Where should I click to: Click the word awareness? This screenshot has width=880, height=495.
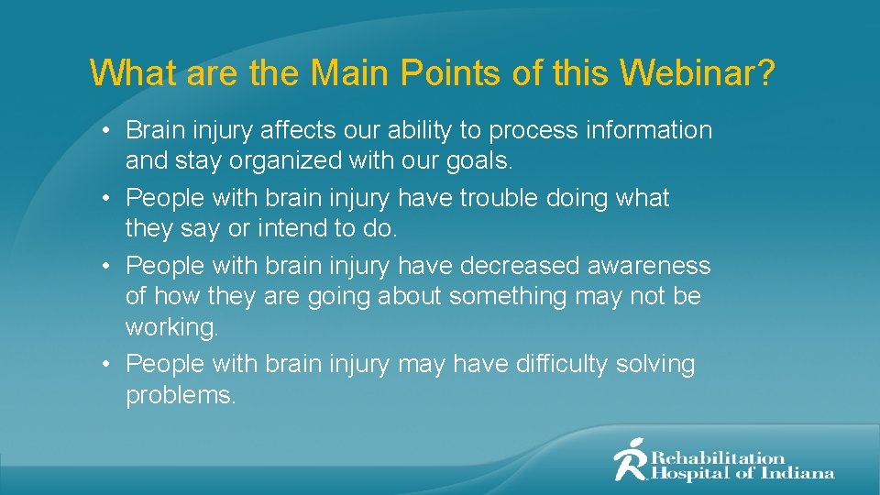[655, 267]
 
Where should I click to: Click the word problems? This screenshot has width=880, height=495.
[181, 396]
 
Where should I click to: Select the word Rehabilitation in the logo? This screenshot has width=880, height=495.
[719, 456]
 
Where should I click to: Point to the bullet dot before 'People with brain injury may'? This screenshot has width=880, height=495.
[107, 365]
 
